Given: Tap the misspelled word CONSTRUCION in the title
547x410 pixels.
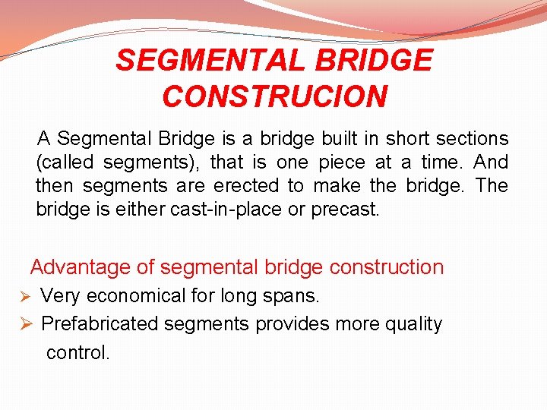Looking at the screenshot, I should tap(274, 96).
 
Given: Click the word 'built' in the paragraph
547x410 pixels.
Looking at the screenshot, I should tap(340, 139).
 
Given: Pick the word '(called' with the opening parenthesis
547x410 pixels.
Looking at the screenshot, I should tap(66, 162).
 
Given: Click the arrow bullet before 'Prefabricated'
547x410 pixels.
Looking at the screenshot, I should tap(24, 324).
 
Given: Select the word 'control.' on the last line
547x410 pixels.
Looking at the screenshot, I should tap(78, 352).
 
